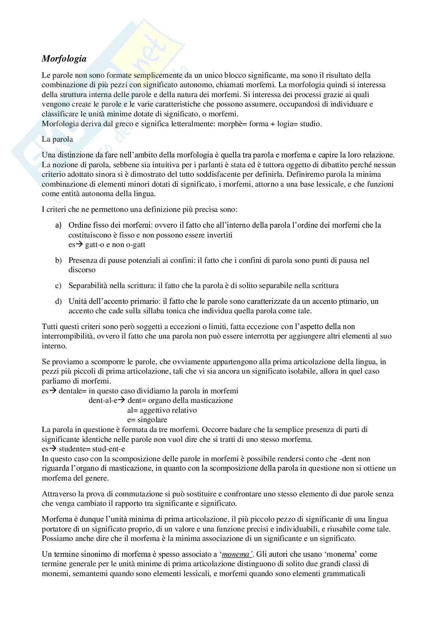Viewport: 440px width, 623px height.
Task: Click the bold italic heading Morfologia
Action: click(64, 59)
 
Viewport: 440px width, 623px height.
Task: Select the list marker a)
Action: click(58, 225)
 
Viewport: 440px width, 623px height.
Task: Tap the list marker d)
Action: click(58, 301)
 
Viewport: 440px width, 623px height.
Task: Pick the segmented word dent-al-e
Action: click(104, 400)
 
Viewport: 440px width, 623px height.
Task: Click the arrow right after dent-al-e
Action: click(122, 400)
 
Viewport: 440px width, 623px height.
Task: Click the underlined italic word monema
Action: click(236, 554)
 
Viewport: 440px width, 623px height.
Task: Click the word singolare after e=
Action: click(152, 420)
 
